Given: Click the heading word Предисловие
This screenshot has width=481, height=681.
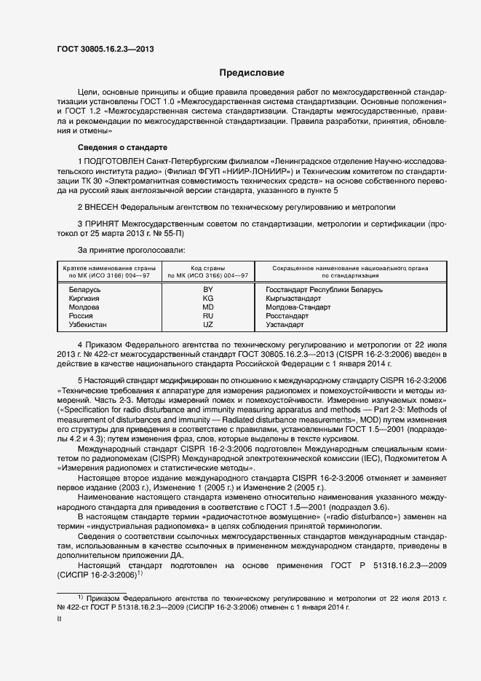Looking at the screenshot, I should [253, 73].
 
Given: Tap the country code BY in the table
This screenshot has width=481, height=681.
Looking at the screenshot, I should [208, 290].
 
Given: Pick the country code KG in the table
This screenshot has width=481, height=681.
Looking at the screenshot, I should [208, 299].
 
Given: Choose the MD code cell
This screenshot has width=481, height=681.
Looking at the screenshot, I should [208, 307].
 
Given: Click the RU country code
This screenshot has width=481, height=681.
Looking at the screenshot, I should [208, 316].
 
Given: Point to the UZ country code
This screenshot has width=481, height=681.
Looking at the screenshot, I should [208, 325].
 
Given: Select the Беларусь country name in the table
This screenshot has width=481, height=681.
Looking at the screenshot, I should [84, 290].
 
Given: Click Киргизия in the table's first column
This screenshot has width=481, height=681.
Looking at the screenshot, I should [84, 299].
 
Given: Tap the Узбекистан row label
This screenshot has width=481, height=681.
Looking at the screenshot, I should [87, 325].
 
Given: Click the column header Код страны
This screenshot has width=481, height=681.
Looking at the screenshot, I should [208, 268].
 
